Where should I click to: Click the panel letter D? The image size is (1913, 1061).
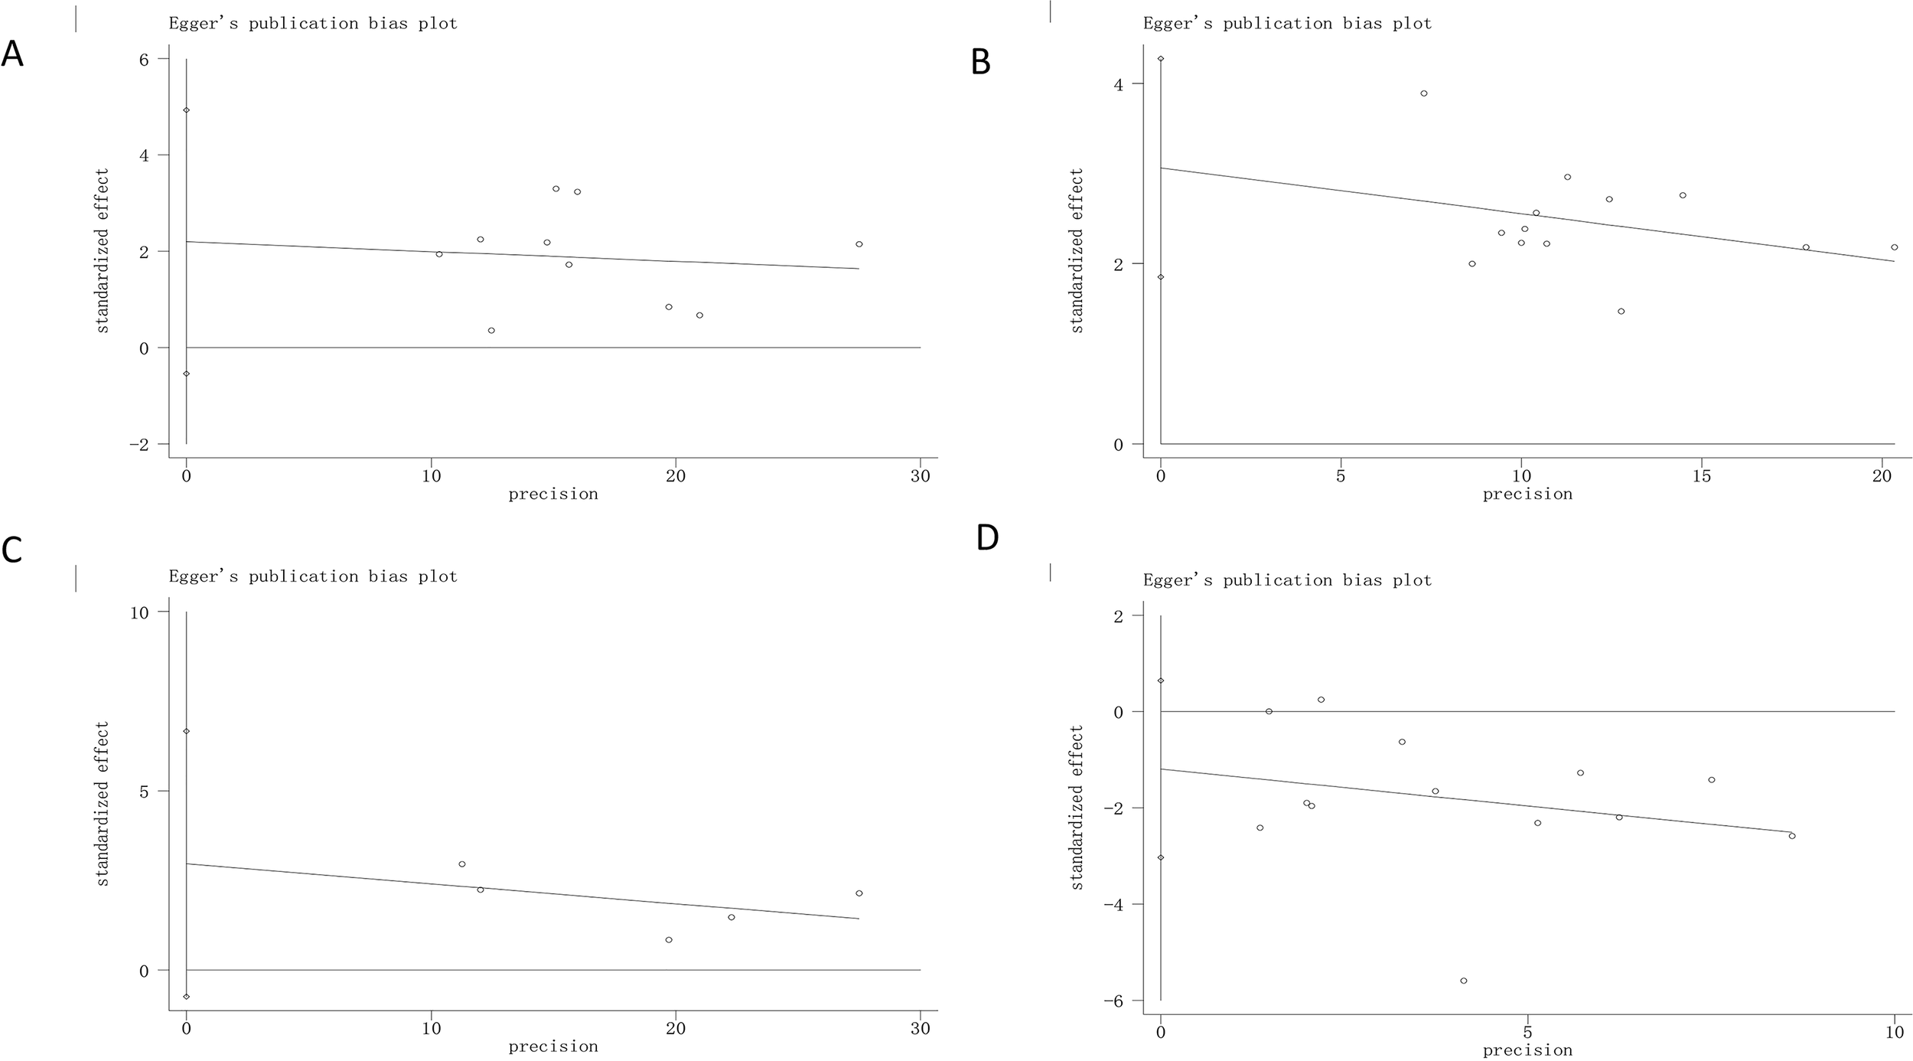click(987, 538)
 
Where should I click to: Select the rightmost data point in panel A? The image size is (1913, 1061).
click(859, 244)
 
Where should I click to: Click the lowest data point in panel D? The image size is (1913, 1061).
click(1463, 981)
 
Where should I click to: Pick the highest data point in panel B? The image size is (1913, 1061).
click(1423, 93)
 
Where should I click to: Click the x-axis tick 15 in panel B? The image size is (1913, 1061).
click(1701, 475)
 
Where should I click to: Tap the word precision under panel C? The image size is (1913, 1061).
click(552, 1046)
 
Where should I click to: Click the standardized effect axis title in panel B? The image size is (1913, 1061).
click(1077, 251)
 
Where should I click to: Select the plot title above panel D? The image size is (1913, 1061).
click(1287, 580)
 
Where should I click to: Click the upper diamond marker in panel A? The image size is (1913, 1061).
click(186, 110)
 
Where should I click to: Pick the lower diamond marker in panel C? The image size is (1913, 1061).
click(186, 997)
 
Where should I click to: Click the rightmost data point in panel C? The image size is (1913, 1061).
click(859, 893)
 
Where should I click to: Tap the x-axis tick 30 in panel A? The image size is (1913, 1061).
click(921, 475)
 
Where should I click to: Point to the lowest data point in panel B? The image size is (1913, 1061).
click(1621, 312)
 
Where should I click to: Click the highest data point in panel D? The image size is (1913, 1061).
click(1321, 700)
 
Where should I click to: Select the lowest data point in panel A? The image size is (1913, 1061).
click(491, 331)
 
